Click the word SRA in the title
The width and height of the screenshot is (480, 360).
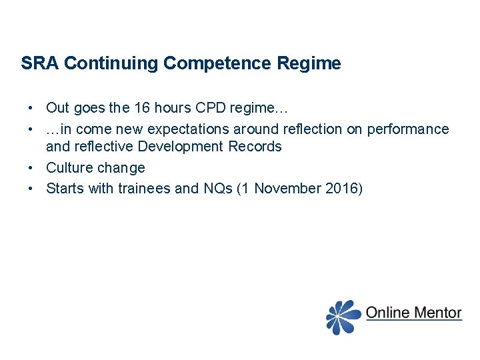pos(40,63)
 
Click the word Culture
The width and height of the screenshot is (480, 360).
pos(68,167)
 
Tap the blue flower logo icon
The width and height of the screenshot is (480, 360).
pos(343,316)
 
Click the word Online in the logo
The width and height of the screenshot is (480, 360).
pos(387,312)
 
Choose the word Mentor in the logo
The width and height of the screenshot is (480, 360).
pos(437,312)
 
